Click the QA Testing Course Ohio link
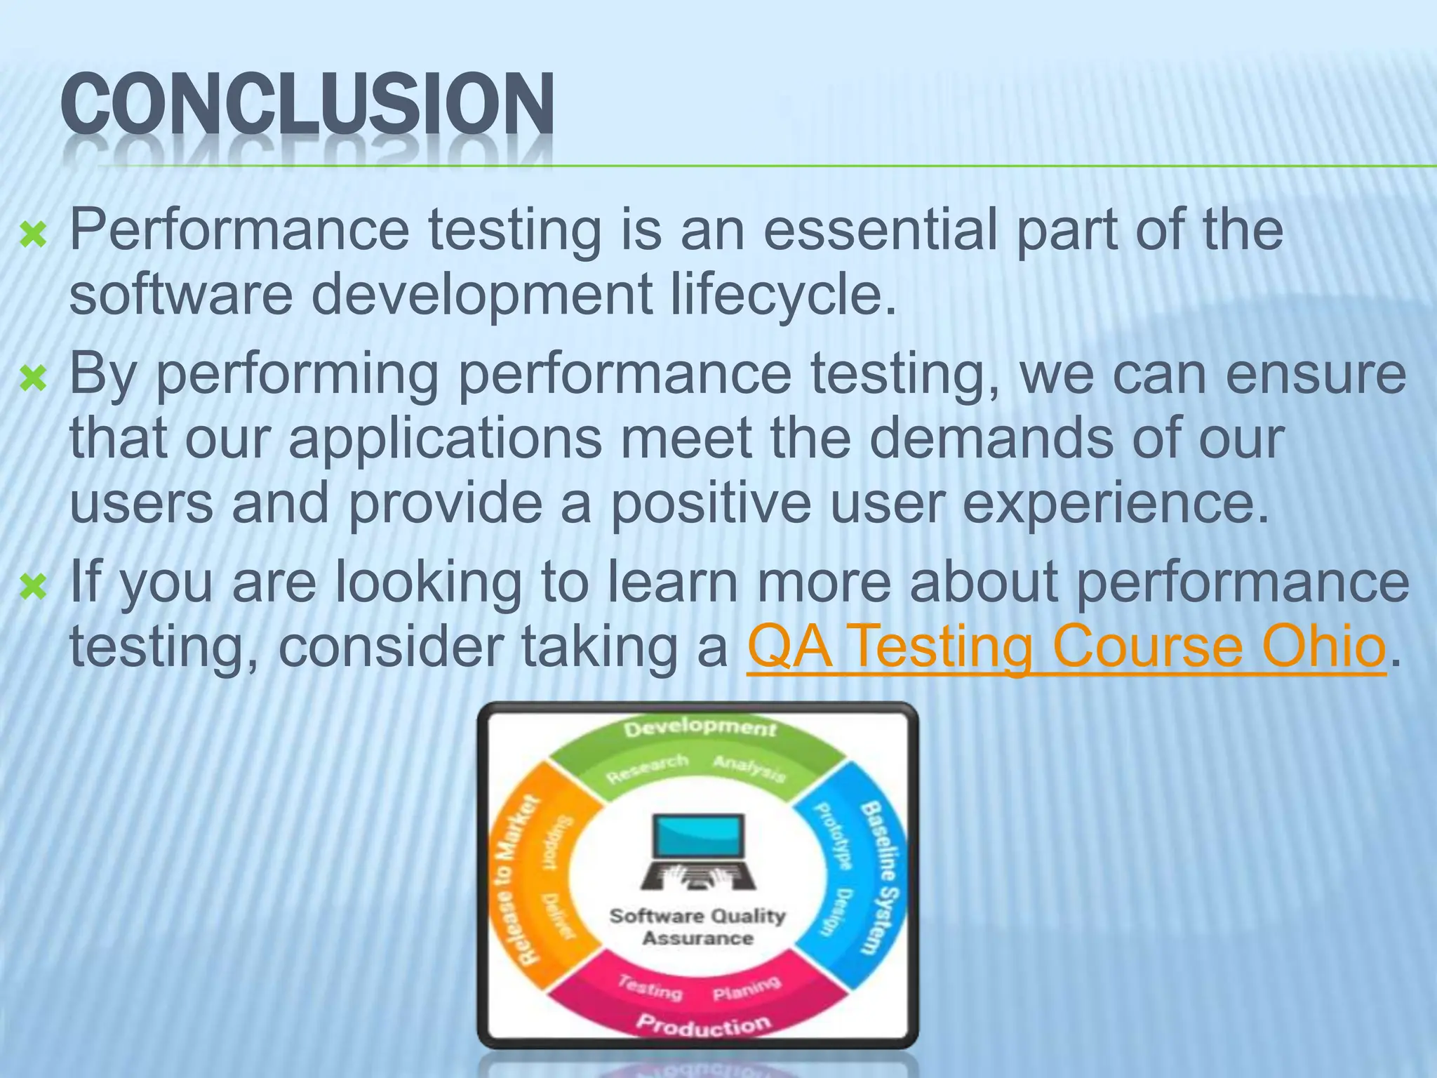(1067, 647)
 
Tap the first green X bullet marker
(33, 235)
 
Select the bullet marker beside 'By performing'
(33, 379)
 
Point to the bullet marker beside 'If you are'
(33, 586)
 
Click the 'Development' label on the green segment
(700, 728)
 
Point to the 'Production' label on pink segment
(702, 1025)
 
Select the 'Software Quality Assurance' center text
(697, 926)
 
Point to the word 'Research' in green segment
(646, 768)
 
